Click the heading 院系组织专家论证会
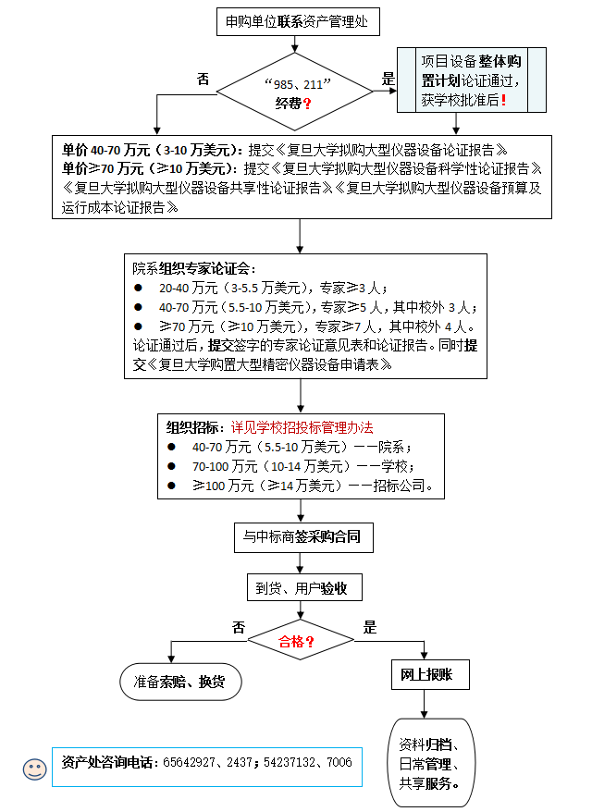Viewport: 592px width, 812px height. (192, 269)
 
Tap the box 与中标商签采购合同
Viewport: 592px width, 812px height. (302, 536)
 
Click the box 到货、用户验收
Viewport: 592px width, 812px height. (302, 588)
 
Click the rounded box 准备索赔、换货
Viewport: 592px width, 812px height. (179, 682)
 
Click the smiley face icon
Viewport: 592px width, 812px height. (35, 768)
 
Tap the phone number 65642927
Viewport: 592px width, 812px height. (192, 763)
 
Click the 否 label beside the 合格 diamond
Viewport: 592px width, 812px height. (239, 627)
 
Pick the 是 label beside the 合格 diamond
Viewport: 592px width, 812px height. (370, 627)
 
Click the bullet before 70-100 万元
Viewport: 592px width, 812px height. (172, 466)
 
